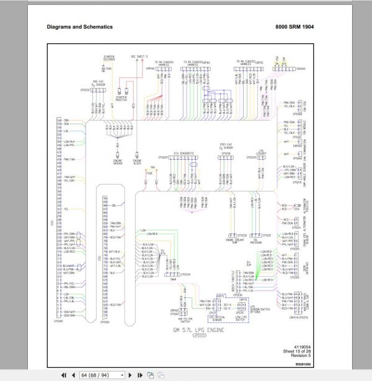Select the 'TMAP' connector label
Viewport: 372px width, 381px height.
coord(172,279)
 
